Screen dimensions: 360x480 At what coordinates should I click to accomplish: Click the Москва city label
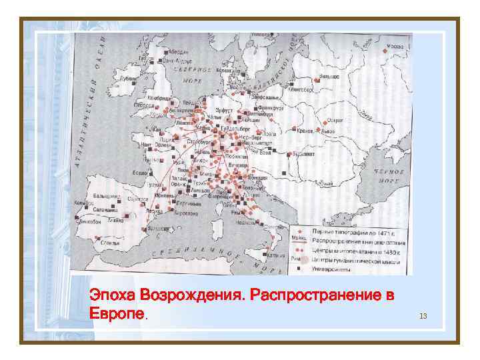[395, 46]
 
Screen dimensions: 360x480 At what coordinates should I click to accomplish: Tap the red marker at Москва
[385, 51]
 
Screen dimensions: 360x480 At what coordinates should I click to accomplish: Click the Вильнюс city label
[329, 77]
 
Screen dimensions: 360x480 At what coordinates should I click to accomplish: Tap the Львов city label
[329, 132]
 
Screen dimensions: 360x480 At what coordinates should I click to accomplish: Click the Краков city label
[307, 132]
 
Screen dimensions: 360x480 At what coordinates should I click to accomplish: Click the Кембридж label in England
[160, 97]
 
